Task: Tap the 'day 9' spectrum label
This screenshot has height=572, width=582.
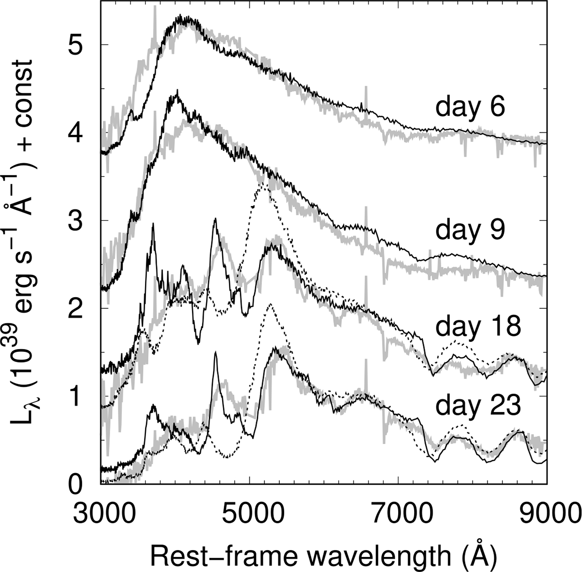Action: coord(470,231)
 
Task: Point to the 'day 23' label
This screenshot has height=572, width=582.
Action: coord(478,406)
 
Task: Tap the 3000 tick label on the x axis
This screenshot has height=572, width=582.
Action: coord(101,511)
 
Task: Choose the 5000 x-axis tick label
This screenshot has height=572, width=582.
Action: coord(249,511)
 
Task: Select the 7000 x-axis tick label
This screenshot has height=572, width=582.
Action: coord(398,511)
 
